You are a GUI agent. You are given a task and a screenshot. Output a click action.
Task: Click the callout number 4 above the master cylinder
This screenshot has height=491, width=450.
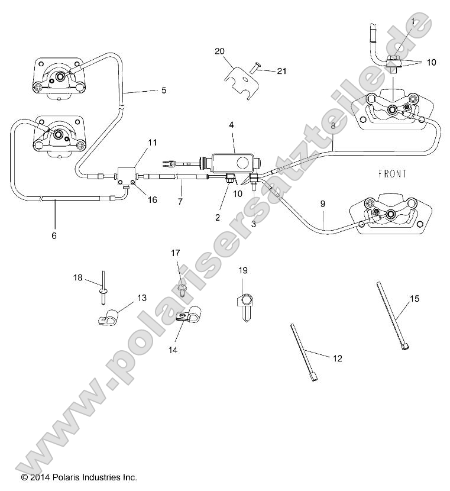[231, 125]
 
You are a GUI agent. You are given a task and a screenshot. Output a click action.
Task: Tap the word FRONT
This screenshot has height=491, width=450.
[391, 174]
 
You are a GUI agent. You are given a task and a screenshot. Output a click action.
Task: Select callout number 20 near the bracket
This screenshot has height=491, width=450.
[219, 51]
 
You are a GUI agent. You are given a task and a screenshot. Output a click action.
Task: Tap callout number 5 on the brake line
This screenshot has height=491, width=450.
[164, 91]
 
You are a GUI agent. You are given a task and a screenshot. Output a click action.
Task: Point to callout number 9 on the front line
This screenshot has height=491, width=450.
[323, 204]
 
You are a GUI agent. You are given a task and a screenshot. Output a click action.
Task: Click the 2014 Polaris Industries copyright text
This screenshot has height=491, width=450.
[79, 476]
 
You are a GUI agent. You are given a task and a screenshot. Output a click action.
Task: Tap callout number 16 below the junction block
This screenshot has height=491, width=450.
[153, 200]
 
